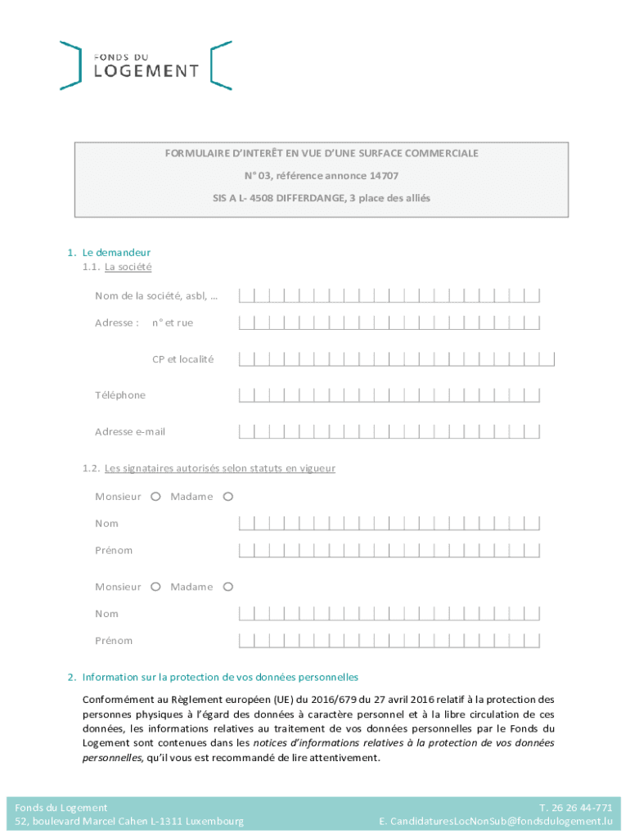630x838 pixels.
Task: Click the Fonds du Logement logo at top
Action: point(146,65)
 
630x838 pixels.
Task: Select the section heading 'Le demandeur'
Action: point(115,252)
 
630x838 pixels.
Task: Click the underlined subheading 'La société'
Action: point(128,267)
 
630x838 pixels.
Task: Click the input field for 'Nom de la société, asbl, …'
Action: point(389,295)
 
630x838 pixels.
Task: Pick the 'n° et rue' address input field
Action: point(389,322)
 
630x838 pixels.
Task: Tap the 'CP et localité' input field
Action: point(396,358)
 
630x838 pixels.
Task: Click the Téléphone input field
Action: point(389,395)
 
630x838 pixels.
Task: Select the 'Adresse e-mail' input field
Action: point(389,431)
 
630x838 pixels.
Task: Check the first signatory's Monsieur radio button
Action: point(155,496)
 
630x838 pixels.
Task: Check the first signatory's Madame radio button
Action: point(228,496)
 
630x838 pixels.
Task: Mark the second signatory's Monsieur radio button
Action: point(155,586)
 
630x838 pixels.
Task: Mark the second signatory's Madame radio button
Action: point(228,586)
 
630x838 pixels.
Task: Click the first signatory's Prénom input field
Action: point(389,550)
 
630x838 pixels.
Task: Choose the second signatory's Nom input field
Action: point(389,613)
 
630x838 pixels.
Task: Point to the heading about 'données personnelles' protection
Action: point(220,677)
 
